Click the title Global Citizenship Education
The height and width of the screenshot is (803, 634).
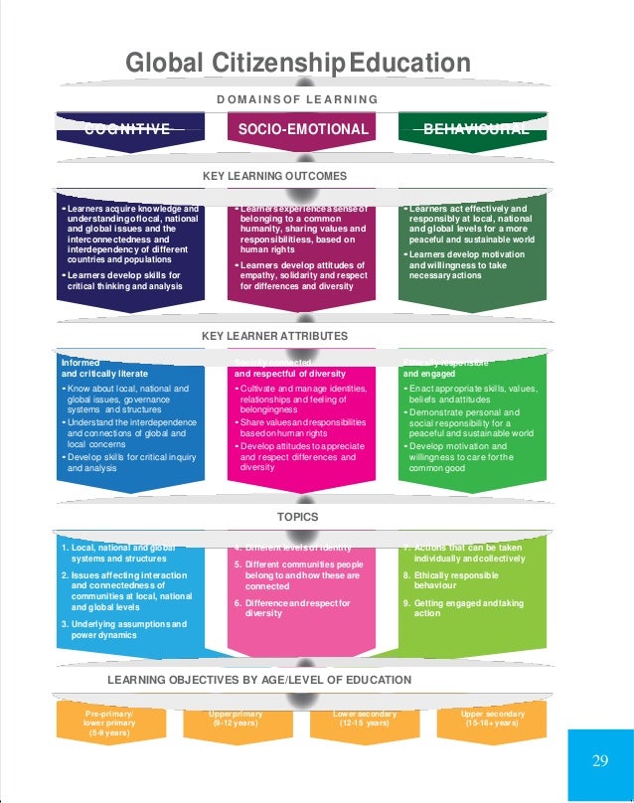297,64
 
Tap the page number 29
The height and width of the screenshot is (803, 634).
599,761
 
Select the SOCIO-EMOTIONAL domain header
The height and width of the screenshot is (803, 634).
303,129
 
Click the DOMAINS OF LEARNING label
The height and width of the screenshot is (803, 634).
297,98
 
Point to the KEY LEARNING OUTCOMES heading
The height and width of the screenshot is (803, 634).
274,175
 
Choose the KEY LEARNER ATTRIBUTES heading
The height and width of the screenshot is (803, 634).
274,337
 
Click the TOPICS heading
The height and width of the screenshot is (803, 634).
297,517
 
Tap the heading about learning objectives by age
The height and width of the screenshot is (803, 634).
259,680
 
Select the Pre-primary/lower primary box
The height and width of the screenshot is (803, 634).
102,723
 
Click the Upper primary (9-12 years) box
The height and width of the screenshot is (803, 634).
234,719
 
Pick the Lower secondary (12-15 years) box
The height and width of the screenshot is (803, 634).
366,719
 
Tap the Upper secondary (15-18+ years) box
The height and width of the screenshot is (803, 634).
490,719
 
